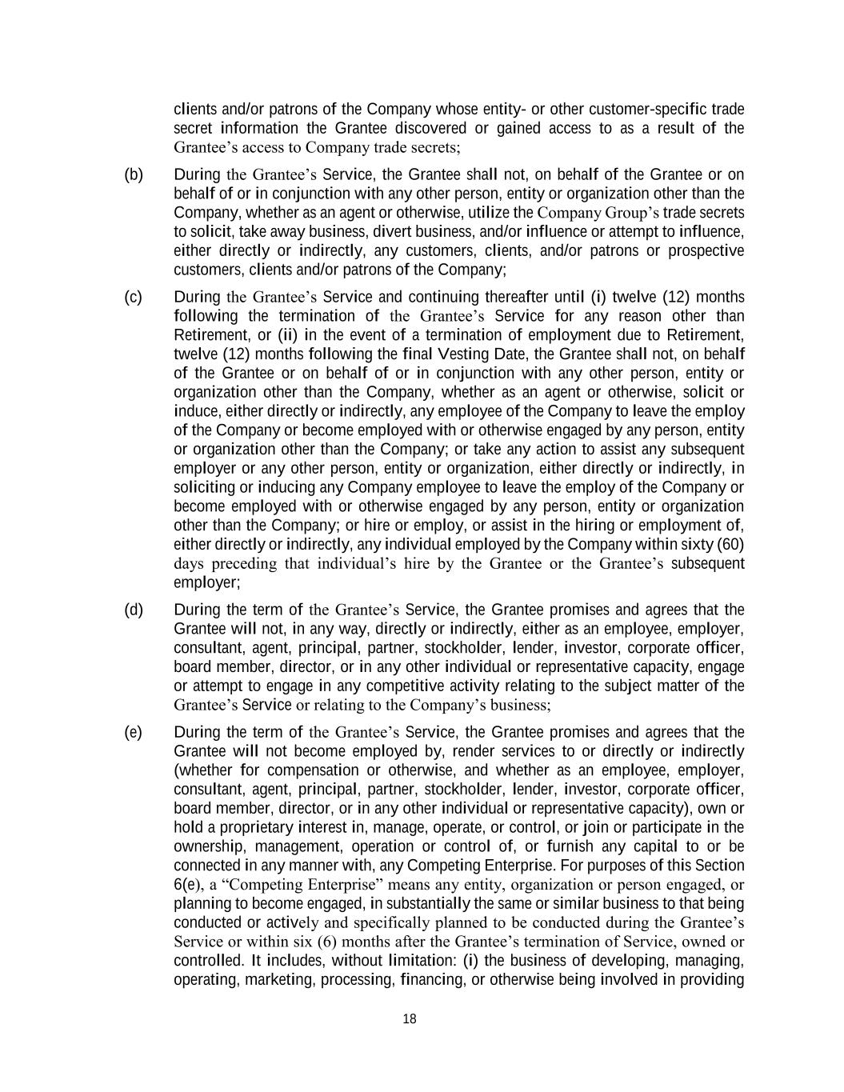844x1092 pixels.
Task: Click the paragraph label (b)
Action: coord(133,174)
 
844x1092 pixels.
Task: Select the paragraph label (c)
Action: coord(133,297)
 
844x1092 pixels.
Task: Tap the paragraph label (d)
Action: coord(133,610)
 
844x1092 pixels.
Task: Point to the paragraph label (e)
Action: coord(133,732)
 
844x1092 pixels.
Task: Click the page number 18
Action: coord(410,1018)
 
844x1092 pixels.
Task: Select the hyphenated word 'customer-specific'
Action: coord(648,109)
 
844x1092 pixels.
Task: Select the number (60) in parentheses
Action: coord(730,545)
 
